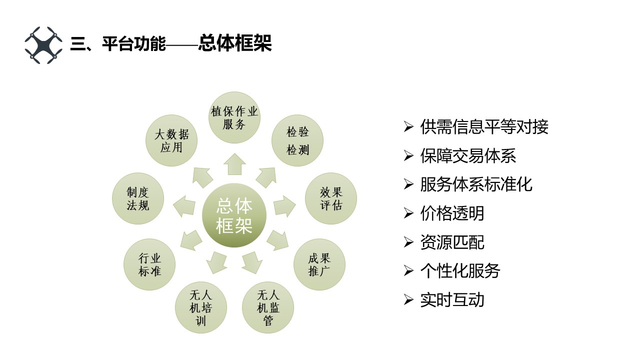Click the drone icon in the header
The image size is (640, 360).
coord(43,45)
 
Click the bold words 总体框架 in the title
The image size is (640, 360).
coord(234,44)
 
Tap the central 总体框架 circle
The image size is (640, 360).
coord(234,215)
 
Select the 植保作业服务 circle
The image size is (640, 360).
coord(234,118)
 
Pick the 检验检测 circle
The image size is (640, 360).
coord(297,140)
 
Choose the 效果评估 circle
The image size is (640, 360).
coord(331,198)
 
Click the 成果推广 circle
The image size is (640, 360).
coord(319,264)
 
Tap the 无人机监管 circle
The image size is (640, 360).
coord(268,307)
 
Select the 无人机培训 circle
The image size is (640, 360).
coord(200,307)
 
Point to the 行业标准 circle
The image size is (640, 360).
coord(149,264)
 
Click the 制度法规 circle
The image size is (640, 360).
coord(138,198)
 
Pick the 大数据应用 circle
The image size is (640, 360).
coord(171,140)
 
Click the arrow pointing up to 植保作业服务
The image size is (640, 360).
coord(234,164)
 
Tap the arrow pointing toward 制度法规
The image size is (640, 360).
coord(184,205)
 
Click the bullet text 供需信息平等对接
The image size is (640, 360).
coord(484,127)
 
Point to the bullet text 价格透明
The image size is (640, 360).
coord(452,213)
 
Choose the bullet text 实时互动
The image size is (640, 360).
coord(452,300)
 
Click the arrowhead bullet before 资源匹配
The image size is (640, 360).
coord(409,242)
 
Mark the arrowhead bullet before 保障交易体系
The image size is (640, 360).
coord(409,156)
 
